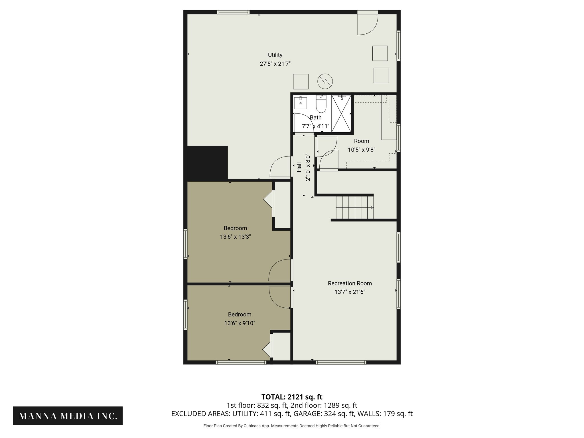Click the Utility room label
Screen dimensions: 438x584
click(x=275, y=55)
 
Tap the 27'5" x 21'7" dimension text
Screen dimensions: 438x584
click(x=275, y=64)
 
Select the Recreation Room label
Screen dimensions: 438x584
click(x=350, y=283)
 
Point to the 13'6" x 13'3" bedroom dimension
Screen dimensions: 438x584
click(x=235, y=237)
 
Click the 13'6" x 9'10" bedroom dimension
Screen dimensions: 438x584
click(x=240, y=323)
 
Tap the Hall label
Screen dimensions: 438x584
click(x=299, y=167)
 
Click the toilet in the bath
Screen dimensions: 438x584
click(x=321, y=105)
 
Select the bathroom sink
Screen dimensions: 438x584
click(x=301, y=103)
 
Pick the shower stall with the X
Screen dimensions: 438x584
click(x=341, y=114)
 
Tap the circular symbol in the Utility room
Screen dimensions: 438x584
click(x=325, y=81)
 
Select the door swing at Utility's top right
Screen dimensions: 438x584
click(x=367, y=24)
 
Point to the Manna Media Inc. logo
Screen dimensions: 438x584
click(x=68, y=416)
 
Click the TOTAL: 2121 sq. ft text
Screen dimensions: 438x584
click(x=292, y=397)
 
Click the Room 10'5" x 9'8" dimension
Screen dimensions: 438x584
click(x=361, y=149)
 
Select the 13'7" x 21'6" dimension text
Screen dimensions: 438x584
click(x=350, y=292)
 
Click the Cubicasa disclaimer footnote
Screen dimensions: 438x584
click(x=292, y=426)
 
